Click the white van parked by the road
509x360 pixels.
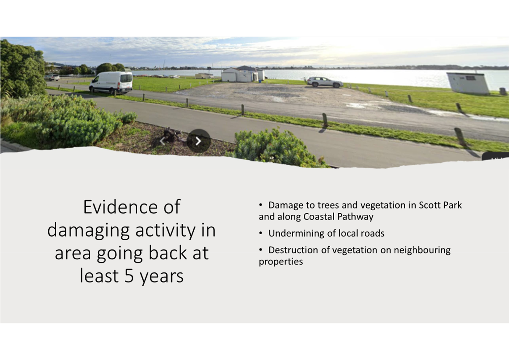[x=111, y=82]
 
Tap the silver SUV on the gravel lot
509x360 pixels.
[x=325, y=82]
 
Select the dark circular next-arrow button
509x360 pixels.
[x=198, y=141]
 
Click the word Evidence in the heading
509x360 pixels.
[x=120, y=207]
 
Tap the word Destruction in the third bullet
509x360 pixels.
[x=293, y=250]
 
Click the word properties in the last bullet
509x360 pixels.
[x=281, y=262]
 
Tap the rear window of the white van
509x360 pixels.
[x=126, y=78]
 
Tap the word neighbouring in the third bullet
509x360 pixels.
[x=422, y=250]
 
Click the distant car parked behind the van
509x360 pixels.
[x=52, y=78]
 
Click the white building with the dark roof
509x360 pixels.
[x=243, y=74]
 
